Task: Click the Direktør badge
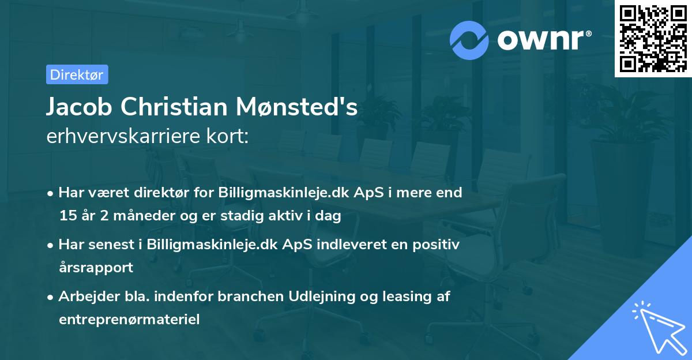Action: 77,74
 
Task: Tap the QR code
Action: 653,38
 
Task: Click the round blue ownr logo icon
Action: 469,40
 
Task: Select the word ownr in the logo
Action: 542,40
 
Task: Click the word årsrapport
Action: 96,268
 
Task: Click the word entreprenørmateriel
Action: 129,320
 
